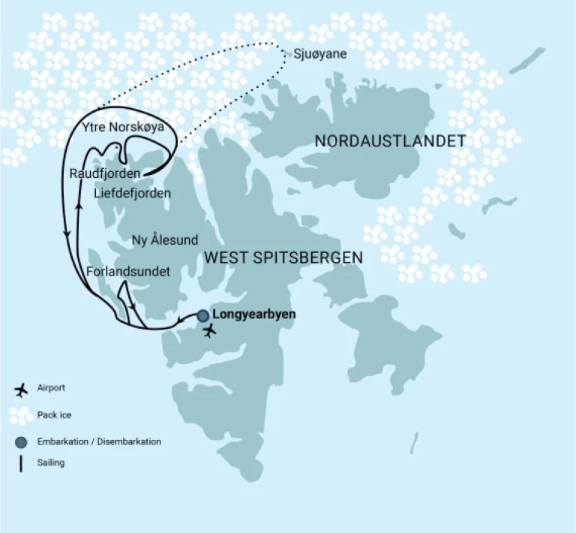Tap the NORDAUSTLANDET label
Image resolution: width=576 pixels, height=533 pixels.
click(390, 141)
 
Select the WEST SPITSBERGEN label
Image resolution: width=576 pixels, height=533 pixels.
click(283, 257)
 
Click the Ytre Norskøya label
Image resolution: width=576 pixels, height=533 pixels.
click(126, 126)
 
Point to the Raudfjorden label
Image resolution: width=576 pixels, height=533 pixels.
click(103, 173)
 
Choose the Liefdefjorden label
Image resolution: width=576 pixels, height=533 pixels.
click(132, 194)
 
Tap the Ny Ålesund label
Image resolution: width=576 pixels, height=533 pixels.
click(165, 240)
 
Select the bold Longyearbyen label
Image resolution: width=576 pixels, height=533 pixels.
click(254, 315)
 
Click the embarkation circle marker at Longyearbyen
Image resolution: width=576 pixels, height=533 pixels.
click(203, 316)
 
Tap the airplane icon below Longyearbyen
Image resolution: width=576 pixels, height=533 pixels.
click(210, 330)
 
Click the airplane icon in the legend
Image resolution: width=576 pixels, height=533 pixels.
click(21, 389)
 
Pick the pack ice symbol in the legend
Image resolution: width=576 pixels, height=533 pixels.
click(21, 415)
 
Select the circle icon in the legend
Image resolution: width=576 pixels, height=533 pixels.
click(21, 441)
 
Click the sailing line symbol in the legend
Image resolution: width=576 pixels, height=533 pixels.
click(21, 463)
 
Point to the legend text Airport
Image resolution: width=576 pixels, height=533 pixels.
click(51, 388)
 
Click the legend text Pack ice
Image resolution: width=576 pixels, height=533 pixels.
click(54, 415)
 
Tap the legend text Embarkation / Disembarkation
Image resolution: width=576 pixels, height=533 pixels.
click(99, 441)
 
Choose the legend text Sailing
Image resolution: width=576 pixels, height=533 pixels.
click(51, 463)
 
